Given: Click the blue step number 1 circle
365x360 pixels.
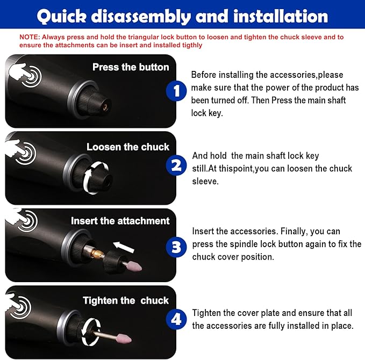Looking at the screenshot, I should pos(175,91).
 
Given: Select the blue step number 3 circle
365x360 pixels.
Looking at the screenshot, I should pos(175,247).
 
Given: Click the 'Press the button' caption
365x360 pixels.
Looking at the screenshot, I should pos(131,67).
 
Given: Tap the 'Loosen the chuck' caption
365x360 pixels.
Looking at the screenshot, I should pos(128,147).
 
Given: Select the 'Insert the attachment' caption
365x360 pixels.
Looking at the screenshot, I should pos(120,221).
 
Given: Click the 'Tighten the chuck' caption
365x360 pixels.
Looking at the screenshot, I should pos(126,300).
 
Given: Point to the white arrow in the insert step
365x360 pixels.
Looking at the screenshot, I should pos(125,248).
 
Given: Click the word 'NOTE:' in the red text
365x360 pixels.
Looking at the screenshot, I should pos(32,37).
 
